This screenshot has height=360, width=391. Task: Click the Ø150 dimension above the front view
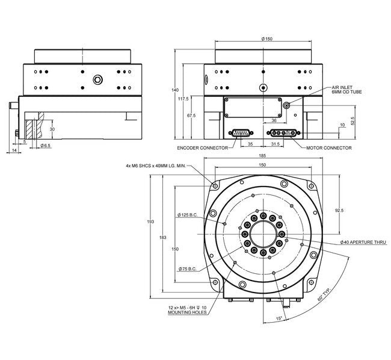[268, 39]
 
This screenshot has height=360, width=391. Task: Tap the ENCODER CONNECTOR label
[202, 147]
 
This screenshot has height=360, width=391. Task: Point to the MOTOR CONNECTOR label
[328, 147]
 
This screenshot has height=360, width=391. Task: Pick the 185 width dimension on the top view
[262, 156]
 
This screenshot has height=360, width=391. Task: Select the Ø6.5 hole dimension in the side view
[45, 146]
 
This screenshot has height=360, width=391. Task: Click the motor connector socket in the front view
[280, 134]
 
